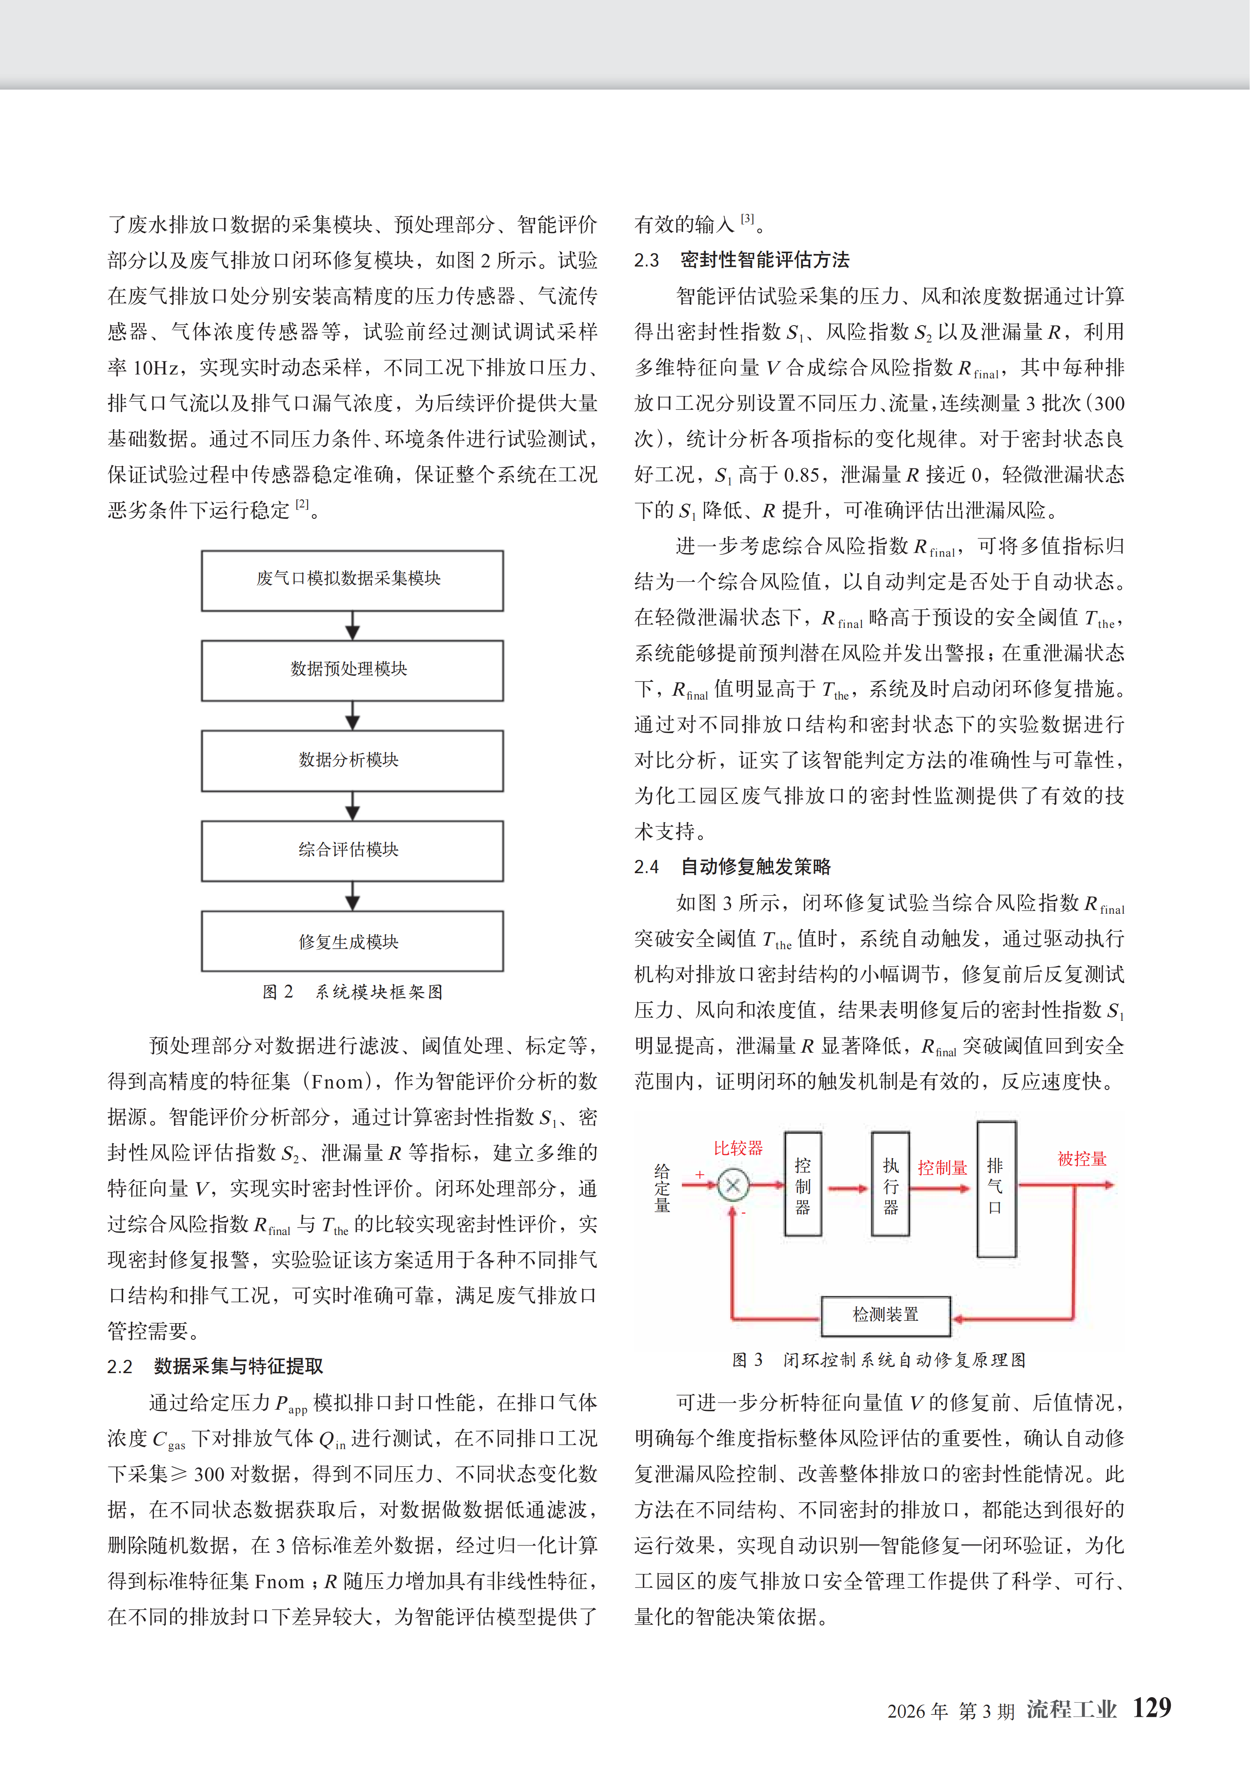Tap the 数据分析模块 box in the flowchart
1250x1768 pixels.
click(x=352, y=760)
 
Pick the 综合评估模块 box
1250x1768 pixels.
click(x=352, y=850)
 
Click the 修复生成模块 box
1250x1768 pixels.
click(x=352, y=941)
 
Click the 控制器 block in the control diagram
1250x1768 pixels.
click(x=802, y=1184)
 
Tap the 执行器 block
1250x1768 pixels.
click(x=890, y=1184)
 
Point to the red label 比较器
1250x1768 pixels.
click(x=738, y=1148)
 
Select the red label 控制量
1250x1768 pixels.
click(x=942, y=1167)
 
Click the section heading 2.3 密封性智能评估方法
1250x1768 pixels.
click(x=742, y=260)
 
